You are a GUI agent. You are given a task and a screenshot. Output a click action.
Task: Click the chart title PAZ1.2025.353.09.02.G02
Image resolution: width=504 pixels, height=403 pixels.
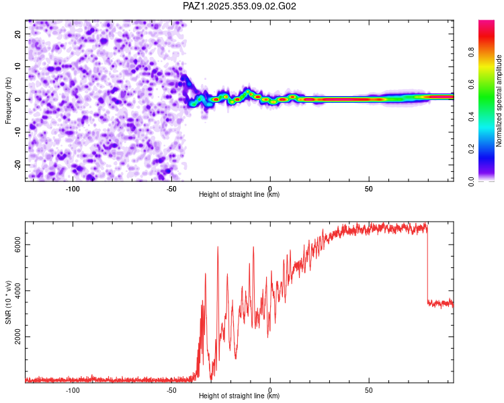click(240, 6)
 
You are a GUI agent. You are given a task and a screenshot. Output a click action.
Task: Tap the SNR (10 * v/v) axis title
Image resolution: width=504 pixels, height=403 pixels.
click(9, 302)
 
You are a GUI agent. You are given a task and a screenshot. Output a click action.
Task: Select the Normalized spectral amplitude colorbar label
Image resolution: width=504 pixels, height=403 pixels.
click(499, 101)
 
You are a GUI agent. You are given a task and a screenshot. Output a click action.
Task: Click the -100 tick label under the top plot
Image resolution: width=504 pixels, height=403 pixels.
click(73, 189)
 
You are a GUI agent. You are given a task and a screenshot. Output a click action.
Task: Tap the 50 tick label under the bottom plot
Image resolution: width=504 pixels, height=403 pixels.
click(369, 390)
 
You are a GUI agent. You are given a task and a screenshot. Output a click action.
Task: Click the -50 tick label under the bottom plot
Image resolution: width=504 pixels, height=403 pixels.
click(171, 390)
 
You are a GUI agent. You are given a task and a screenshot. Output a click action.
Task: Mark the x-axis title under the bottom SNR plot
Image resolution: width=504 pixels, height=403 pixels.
click(239, 396)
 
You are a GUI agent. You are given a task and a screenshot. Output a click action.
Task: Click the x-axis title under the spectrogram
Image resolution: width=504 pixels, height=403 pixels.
click(239, 195)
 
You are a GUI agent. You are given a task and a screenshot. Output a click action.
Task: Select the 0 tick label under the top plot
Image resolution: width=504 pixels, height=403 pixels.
click(270, 189)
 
